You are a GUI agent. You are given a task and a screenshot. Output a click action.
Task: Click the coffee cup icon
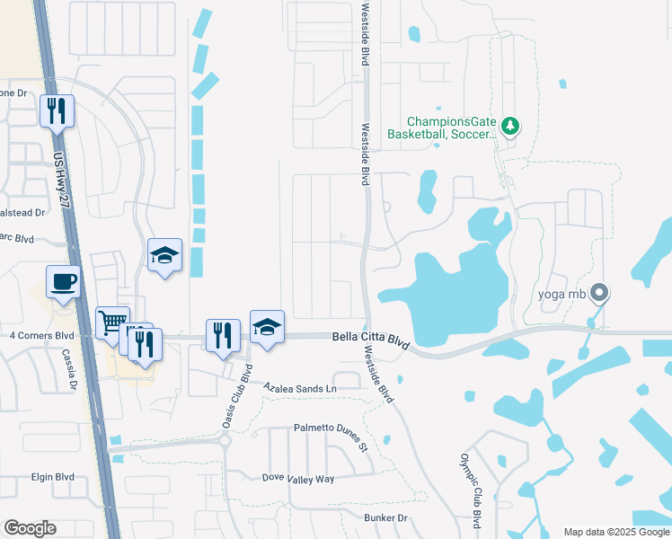pos(63,282)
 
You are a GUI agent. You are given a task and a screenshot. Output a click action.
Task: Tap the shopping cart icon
pos(111,322)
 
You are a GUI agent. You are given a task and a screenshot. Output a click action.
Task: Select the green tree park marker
pos(510,125)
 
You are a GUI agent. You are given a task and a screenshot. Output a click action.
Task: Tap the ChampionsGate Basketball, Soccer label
pos(442,128)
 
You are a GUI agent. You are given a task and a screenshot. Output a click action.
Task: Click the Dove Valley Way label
pos(297,479)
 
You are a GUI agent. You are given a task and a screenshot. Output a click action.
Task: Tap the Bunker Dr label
pos(385,518)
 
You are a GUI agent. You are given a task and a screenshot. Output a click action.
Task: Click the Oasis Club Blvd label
pos(235,396)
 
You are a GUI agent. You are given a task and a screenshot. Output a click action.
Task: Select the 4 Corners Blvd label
pos(40,335)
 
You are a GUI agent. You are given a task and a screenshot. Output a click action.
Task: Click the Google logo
pos(30,528)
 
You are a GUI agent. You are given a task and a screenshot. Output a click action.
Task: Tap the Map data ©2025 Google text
pos(615,532)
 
